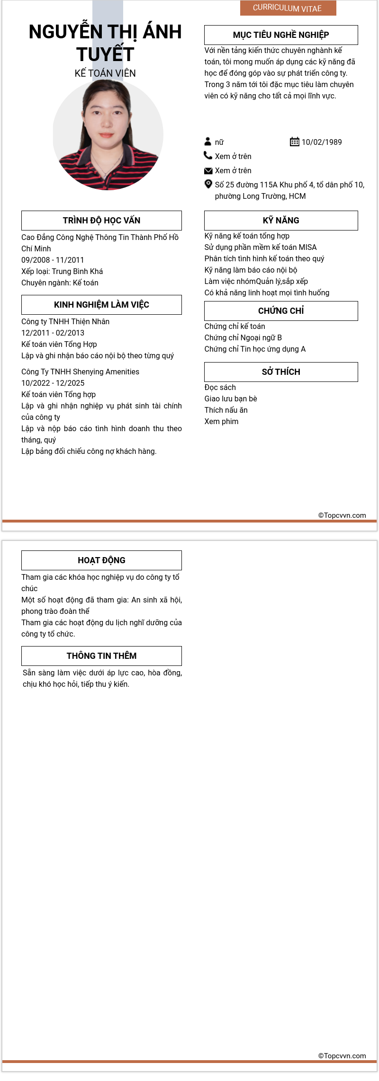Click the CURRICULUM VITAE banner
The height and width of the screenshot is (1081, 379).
[288, 8]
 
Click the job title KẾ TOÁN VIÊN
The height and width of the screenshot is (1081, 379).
[105, 73]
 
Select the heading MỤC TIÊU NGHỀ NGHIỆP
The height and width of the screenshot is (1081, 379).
[281, 35]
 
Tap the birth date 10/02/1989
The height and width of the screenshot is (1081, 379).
[322, 142]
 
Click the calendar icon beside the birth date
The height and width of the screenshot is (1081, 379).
[294, 142]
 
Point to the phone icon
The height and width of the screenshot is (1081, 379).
[208, 155]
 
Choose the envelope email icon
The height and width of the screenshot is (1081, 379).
[208, 170]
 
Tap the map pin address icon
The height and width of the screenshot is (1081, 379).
[208, 184]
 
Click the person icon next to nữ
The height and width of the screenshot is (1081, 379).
[208, 142]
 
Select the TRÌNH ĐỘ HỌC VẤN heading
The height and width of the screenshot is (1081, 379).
[101, 221]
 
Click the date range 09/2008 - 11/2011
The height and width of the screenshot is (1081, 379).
[53, 260]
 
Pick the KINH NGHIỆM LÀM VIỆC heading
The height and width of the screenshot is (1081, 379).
[101, 305]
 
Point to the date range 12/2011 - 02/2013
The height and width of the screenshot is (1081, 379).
[53, 333]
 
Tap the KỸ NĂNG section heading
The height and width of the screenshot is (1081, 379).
[281, 221]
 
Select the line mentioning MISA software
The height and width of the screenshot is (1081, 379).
[261, 247]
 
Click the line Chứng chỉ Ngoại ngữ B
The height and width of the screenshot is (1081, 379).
[243, 337]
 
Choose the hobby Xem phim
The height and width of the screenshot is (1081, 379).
[221, 421]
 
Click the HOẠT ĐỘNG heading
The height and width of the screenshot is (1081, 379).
[101, 560]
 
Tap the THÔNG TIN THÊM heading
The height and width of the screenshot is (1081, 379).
[101, 656]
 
